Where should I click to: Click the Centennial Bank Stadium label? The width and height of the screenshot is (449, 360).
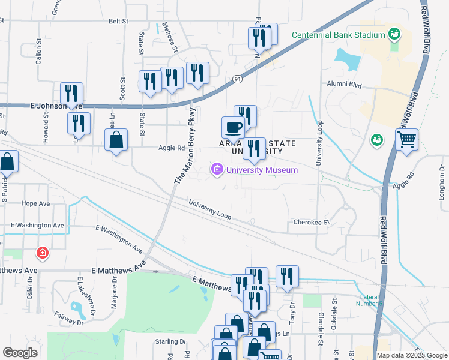click(x=338, y=35)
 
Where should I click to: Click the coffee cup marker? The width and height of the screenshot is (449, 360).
click(x=233, y=128)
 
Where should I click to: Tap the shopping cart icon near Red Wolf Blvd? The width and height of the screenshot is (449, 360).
click(x=406, y=140)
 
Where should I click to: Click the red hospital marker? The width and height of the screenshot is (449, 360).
click(x=42, y=253)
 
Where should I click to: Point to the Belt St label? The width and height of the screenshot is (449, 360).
click(x=119, y=21)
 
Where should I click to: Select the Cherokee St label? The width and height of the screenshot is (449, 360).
click(x=312, y=222)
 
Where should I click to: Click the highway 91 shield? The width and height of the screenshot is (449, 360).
click(x=238, y=79)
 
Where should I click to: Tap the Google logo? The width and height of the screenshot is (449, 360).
click(x=20, y=353)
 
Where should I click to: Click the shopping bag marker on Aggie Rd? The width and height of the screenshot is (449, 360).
click(x=116, y=141)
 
